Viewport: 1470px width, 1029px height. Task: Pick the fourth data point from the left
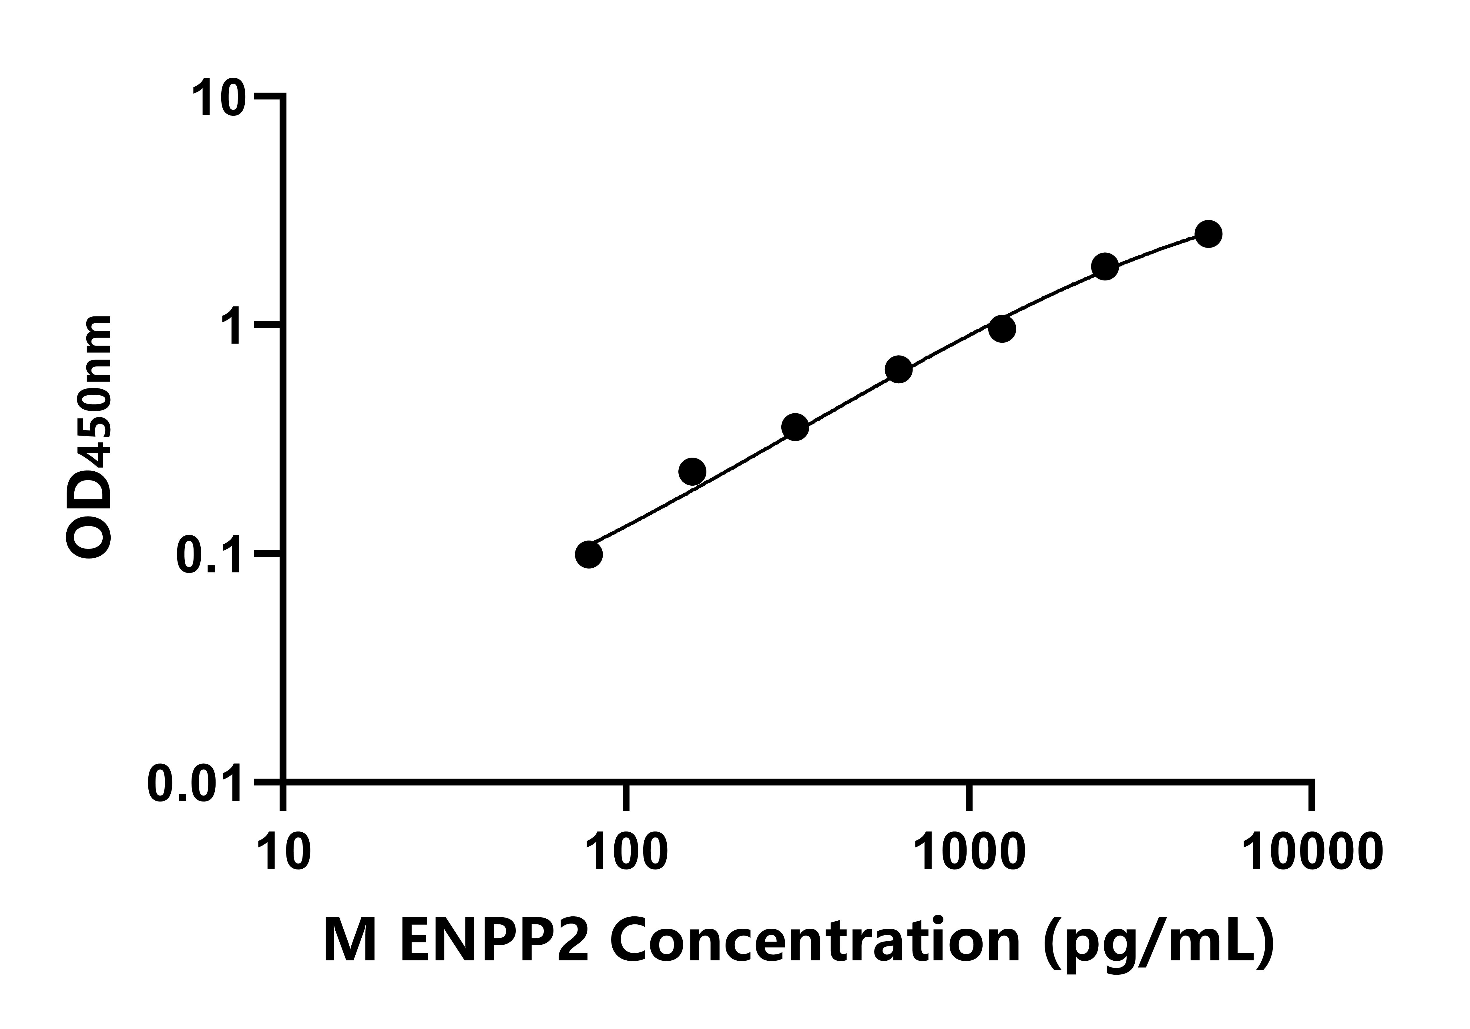click(899, 370)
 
